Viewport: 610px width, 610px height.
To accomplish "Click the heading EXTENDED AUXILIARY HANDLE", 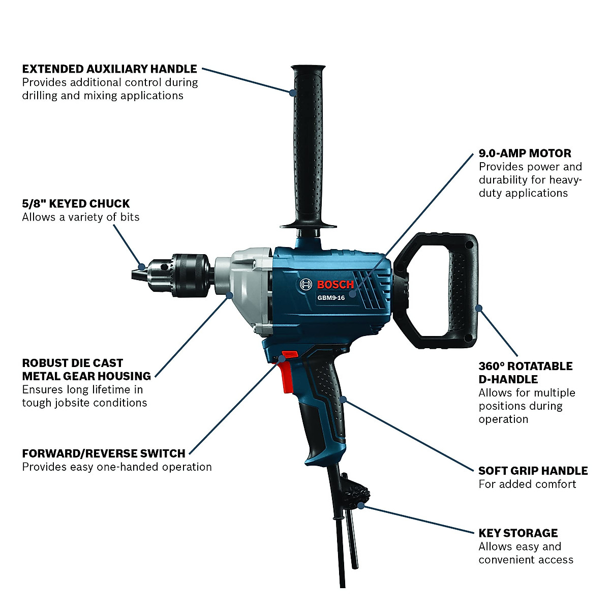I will click(x=109, y=69).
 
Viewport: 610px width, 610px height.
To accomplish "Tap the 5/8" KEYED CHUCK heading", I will click(x=76, y=204).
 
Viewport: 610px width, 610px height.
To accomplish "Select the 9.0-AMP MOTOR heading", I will click(x=525, y=153).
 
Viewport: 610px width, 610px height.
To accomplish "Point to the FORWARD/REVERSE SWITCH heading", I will click(x=104, y=453).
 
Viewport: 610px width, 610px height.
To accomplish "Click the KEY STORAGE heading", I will click(x=518, y=533).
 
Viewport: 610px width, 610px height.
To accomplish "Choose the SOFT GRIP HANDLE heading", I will click(x=533, y=471).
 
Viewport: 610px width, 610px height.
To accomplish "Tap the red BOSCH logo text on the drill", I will click(x=335, y=285).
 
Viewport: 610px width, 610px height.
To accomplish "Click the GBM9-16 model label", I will click(x=331, y=298).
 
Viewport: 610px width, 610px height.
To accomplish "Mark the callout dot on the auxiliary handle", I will click(x=293, y=93).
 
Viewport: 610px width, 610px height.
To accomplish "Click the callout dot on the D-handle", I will click(x=478, y=307).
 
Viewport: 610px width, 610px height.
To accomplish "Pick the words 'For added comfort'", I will click(x=527, y=484).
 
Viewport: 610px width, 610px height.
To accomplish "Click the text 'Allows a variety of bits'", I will click(x=80, y=217).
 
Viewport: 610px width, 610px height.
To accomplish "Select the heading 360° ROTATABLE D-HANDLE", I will click(x=525, y=373).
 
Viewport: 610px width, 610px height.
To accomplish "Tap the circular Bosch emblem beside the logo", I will click(x=306, y=285).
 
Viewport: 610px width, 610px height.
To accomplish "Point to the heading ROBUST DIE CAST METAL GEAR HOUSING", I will click(x=86, y=370).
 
